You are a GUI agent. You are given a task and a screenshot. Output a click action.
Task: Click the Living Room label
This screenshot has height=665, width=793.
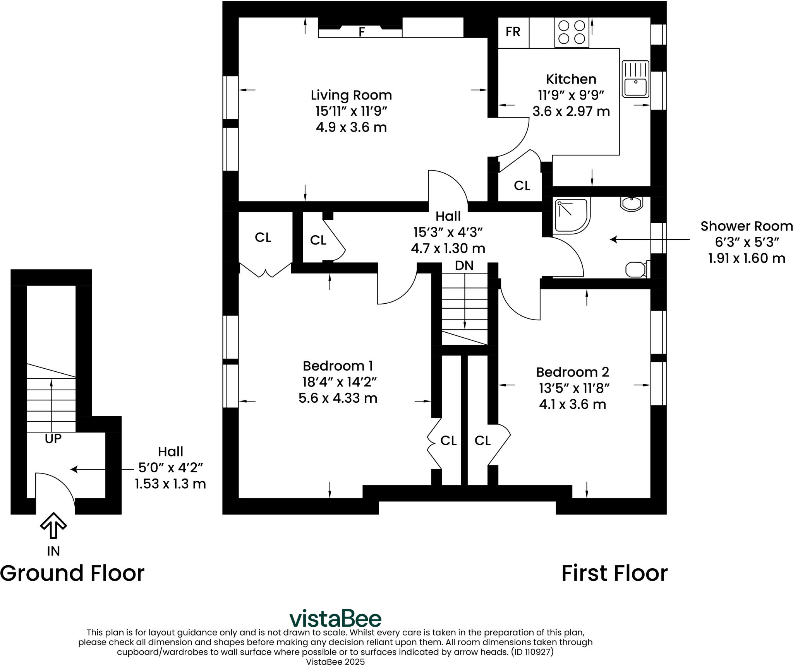pos(351,95)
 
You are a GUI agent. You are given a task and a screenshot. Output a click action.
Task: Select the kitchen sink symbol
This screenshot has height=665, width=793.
pos(635,79)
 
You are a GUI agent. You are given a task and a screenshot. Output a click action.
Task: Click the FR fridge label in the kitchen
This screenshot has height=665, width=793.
pos(513,32)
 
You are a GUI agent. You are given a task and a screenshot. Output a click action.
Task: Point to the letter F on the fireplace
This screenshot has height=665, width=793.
pos(362,32)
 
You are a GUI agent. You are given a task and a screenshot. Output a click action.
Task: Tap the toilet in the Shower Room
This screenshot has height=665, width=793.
pos(637,269)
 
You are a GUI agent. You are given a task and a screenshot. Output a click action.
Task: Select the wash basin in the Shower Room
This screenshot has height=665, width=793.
pos(632,204)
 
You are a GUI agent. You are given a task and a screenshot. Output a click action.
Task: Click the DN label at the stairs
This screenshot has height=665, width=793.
pos(464,265)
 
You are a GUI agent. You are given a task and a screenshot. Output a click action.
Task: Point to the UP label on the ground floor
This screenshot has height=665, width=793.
pos(53,439)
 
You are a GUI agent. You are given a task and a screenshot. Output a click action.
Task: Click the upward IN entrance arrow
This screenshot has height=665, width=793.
pos(53,525)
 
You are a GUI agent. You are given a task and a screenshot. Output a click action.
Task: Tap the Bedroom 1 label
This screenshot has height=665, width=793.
pos(338,366)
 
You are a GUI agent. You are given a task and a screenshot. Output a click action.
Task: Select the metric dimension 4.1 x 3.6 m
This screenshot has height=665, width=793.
pos(572,404)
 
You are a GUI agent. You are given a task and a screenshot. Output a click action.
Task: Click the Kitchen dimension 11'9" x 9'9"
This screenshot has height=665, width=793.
pos(571,95)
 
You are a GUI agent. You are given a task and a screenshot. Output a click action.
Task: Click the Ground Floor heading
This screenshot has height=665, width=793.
pos(72,573)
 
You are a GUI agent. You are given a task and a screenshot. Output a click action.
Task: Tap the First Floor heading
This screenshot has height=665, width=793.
pos(614,573)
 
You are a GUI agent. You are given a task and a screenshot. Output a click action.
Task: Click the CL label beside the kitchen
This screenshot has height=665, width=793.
pos(522,186)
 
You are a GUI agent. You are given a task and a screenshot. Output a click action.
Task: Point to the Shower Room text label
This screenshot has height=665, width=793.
pos(747,226)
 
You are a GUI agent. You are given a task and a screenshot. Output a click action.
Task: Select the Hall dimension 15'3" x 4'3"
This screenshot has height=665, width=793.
pos(448,232)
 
